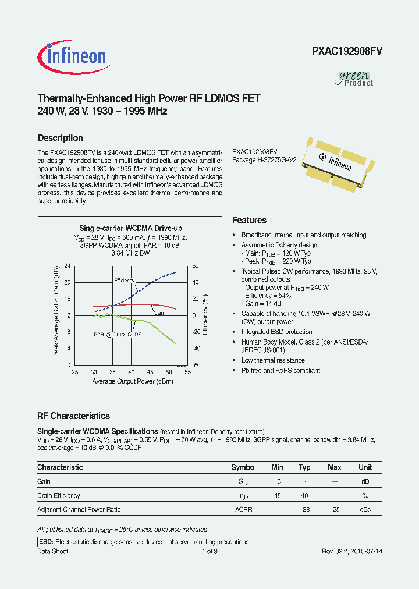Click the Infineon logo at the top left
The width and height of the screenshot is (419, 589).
[72, 56]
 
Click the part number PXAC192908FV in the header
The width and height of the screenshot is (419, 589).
[347, 51]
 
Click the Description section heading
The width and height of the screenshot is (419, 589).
[60, 138]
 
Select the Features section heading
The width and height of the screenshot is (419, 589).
[249, 221]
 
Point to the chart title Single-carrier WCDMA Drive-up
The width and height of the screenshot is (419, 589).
[130, 229]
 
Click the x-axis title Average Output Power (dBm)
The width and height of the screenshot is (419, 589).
[132, 381]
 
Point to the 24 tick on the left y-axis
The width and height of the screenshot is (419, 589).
[67, 266]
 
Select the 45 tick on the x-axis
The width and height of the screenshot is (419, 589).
[150, 371]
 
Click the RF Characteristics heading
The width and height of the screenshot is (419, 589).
[73, 416]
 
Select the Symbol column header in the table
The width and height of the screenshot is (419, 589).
[243, 467]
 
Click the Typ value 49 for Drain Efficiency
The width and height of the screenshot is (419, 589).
[304, 495]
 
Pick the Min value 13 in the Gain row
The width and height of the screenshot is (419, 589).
[278, 481]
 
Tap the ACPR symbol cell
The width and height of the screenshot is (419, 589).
[243, 509]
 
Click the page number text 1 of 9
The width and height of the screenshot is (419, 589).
[210, 551]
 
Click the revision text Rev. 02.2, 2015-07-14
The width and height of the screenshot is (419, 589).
[352, 551]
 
